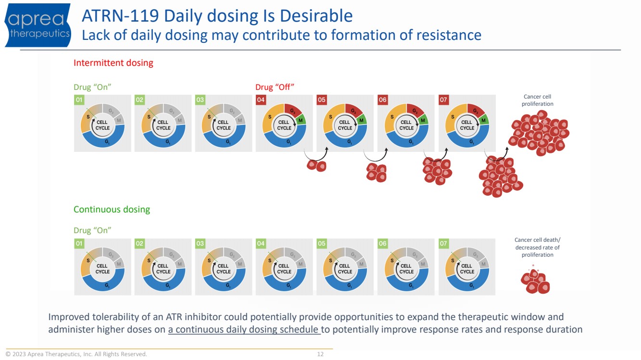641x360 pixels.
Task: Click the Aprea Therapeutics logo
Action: click(38, 25)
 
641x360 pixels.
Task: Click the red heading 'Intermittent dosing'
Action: click(113, 63)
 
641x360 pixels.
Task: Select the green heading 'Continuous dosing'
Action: click(112, 210)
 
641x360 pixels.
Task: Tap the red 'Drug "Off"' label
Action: click(275, 87)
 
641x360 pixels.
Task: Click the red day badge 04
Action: click(261, 100)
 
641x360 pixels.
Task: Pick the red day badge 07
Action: click(443, 100)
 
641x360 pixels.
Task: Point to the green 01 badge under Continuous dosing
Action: click(79, 244)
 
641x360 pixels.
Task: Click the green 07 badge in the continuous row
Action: click(443, 244)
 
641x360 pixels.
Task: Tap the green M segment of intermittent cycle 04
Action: click(300, 120)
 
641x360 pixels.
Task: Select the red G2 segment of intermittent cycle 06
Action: click(414, 111)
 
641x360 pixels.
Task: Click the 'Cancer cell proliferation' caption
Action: click(538, 100)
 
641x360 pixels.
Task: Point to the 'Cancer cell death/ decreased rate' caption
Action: click(537, 248)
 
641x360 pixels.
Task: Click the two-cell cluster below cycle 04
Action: click(316, 165)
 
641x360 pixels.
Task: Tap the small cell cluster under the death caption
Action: click(535, 282)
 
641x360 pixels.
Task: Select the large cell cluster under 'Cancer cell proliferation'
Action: click(538, 134)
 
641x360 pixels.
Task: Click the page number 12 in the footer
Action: click(320, 354)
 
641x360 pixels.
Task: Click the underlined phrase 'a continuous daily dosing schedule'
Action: click(244, 330)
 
